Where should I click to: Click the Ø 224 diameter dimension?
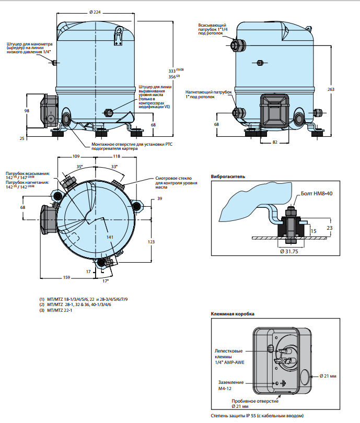[95, 12]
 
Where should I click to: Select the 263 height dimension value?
[331, 89]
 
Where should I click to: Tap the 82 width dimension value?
[275, 142]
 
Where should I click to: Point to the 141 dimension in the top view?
[110, 237]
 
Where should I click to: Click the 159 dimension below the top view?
[66, 277]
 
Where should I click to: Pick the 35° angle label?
[79, 167]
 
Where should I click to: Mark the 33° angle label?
[114, 167]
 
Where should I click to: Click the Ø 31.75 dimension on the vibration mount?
[289, 251]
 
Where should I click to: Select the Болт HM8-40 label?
[317, 193]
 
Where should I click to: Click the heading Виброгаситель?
[228, 177]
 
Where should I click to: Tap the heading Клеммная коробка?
[233, 314]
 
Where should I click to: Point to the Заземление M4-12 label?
[231, 385]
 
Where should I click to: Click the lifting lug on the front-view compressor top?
[118, 36]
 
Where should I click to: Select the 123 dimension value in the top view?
[151, 242]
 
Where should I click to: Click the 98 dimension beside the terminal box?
[27, 111]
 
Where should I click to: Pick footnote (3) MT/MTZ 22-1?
[56, 310]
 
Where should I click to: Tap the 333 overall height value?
[172, 71]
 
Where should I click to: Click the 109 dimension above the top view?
[76, 156]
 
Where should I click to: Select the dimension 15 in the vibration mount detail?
[313, 231]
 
